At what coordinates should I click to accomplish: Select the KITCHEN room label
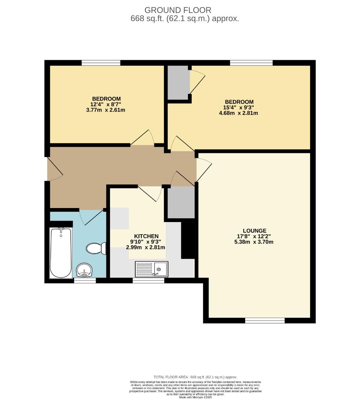[146, 236]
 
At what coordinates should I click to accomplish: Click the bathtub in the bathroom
[61, 253]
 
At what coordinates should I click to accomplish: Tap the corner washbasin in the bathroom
[85, 270]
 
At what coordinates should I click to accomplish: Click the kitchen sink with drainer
[151, 269]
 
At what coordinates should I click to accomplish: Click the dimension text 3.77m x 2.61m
[106, 110]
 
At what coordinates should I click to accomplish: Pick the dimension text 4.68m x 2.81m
[239, 113]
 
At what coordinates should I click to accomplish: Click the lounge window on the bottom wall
[265, 320]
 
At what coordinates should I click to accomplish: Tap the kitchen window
[148, 280]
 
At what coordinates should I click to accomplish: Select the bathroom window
[85, 280]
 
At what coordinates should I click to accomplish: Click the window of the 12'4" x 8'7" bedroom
[101, 63]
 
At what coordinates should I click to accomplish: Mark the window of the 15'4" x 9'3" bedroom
[251, 63]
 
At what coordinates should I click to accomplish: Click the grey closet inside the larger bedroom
[178, 82]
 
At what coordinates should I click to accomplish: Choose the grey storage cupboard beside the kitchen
[181, 202]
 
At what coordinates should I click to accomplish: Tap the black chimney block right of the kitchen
[188, 240]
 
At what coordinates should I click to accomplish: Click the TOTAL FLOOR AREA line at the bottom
[195, 377]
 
